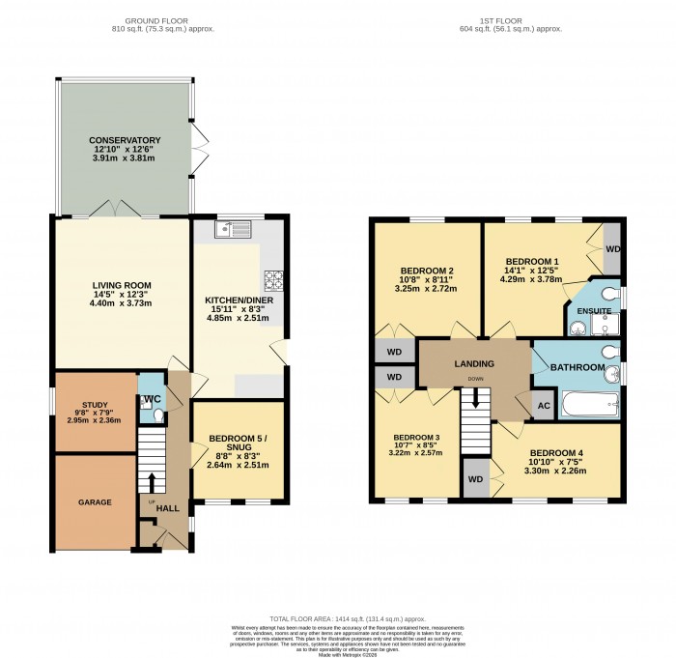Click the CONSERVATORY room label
click(125, 140)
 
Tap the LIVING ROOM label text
click(123, 285)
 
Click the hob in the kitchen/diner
click(273, 279)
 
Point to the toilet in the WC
click(157, 415)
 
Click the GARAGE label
click(95, 502)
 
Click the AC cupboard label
click(543, 406)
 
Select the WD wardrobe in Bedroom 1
click(612, 248)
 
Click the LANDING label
click(474, 364)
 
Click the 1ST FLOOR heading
click(508, 19)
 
